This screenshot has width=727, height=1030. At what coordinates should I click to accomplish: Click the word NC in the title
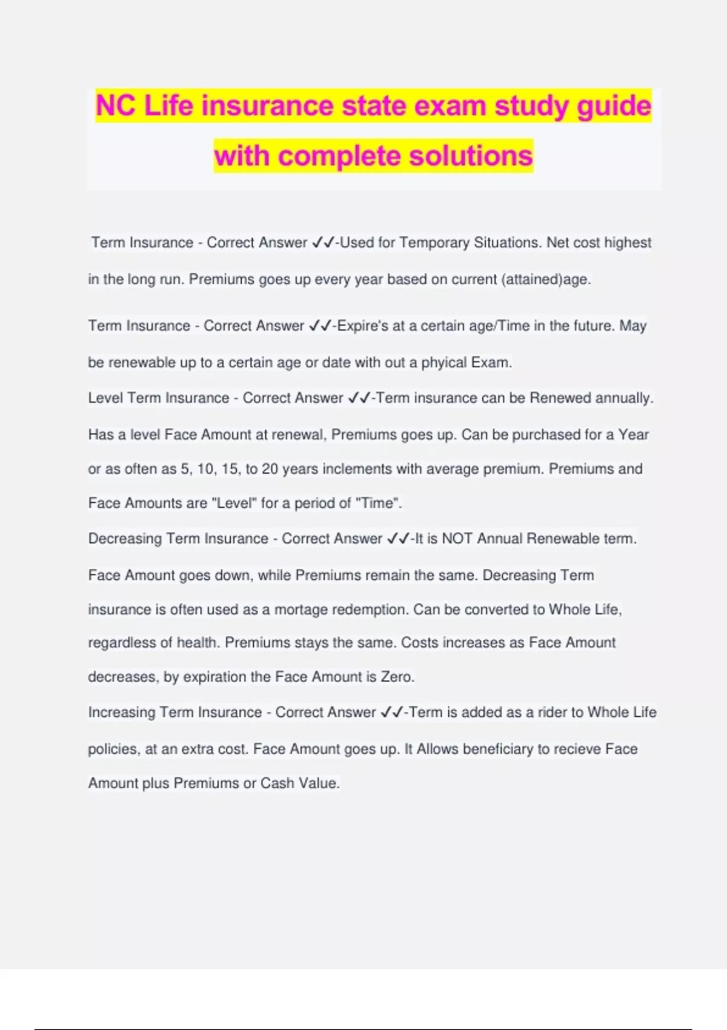coord(116,106)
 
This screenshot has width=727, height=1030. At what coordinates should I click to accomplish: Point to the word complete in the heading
coord(340,156)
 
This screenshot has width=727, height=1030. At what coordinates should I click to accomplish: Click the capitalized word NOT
coord(457,539)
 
